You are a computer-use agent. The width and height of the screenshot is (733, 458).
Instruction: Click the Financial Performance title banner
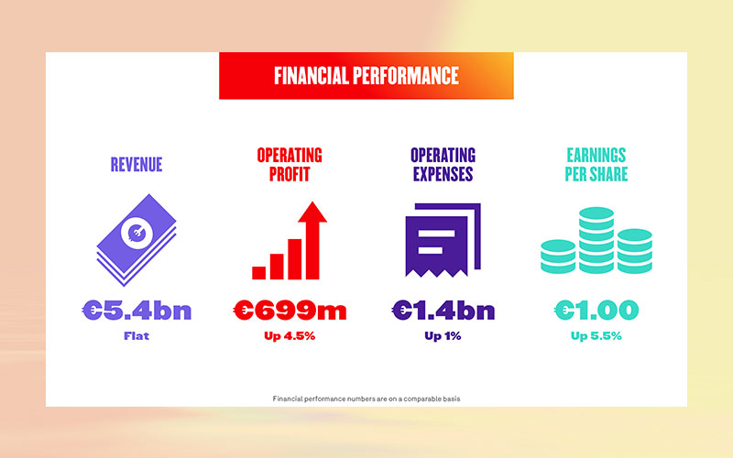pos(366,75)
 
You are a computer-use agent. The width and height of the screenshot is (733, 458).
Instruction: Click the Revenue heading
pos(137,165)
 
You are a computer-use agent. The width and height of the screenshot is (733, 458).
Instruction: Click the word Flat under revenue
pos(137,336)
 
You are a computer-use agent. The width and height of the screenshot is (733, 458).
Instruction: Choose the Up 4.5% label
pos(290,336)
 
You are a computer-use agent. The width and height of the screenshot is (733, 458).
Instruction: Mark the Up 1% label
pos(443,336)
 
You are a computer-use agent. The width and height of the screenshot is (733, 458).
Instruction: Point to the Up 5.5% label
pos(596,336)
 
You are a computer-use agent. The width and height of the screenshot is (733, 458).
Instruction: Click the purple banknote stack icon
pos(137,241)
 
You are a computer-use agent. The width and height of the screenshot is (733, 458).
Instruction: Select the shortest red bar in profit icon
pos(259,272)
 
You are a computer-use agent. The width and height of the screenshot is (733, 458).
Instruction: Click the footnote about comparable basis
pos(366,398)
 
